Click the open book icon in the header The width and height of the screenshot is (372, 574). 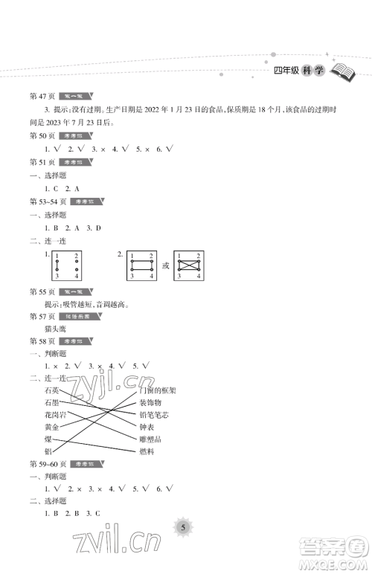click(x=343, y=71)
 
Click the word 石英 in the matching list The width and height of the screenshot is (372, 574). click(x=51, y=391)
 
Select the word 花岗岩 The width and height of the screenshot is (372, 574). click(x=54, y=415)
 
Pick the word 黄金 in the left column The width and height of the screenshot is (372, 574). click(x=51, y=427)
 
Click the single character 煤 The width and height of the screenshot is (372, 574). click(x=48, y=439)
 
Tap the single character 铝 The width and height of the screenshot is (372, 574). click(x=48, y=451)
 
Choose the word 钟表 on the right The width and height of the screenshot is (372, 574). click(x=147, y=427)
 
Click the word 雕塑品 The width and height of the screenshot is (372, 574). click(x=150, y=439)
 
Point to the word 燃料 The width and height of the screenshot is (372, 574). click(x=147, y=451)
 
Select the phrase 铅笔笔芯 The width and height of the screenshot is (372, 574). click(x=153, y=415)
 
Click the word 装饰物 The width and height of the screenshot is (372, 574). click(x=150, y=403)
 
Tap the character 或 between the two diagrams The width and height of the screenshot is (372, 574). click(x=166, y=265)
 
